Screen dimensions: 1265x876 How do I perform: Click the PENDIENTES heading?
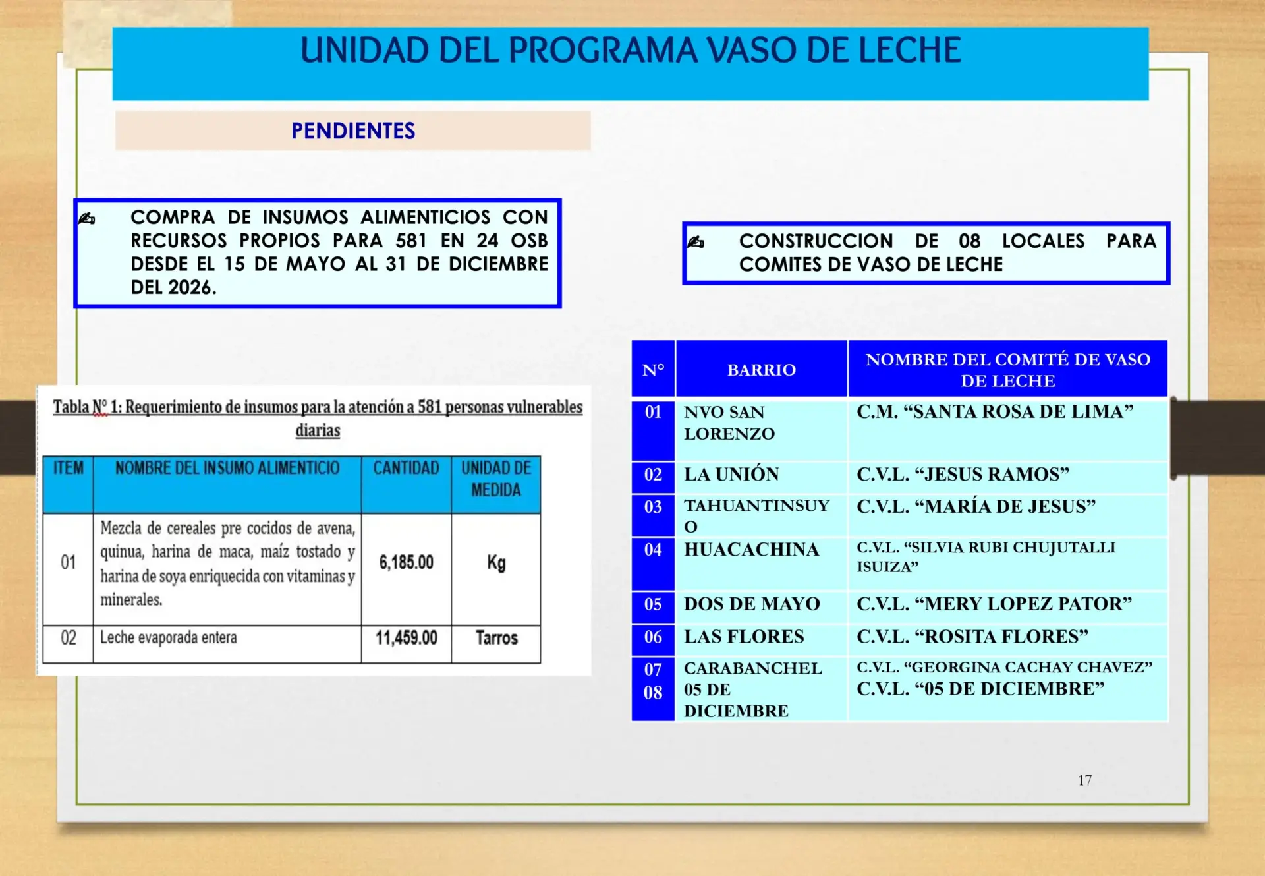click(x=353, y=131)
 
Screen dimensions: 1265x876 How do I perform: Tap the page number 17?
click(x=1084, y=780)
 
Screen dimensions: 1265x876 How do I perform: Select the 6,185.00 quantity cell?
click(x=406, y=562)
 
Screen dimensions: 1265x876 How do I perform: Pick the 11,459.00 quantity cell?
click(x=406, y=637)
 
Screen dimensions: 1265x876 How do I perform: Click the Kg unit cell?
click(x=496, y=562)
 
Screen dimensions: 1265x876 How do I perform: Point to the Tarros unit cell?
click(x=497, y=637)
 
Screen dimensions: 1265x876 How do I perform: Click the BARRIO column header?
click(x=762, y=370)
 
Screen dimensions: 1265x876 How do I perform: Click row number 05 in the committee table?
click(x=653, y=604)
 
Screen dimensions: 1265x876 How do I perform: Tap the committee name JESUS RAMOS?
click(x=963, y=474)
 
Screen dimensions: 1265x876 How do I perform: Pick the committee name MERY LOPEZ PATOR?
click(x=994, y=604)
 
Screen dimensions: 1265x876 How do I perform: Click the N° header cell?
click(x=653, y=370)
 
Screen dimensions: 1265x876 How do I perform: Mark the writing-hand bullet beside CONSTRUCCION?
click(x=696, y=242)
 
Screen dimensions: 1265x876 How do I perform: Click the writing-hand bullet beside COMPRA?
click(x=87, y=218)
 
